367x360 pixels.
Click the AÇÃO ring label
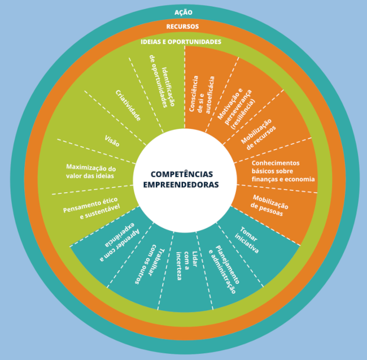tap(184, 12)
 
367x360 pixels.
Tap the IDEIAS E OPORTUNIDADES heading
tap(181, 41)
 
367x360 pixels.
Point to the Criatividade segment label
tap(128, 105)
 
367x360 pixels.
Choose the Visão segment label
tap(112, 141)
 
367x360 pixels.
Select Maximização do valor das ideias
tap(91, 171)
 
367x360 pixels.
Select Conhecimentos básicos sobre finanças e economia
tap(283, 171)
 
